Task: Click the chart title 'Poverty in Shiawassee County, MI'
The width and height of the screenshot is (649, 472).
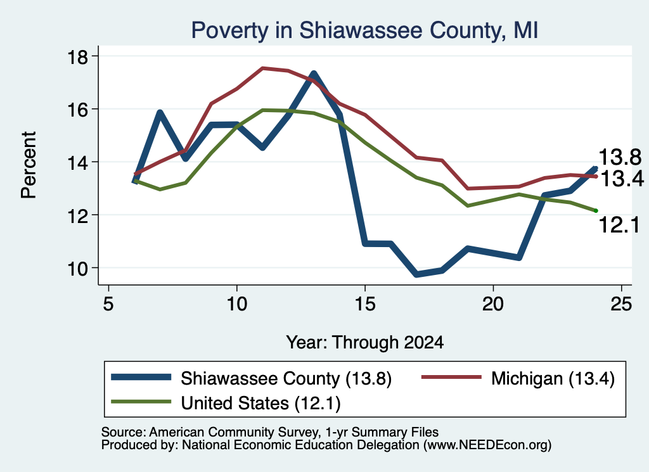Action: (364, 30)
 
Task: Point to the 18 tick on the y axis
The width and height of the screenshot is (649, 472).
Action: (77, 56)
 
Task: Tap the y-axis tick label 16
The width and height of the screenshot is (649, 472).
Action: (77, 109)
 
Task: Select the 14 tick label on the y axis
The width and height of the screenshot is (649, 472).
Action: (77, 162)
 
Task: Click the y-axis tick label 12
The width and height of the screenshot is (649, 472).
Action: (77, 215)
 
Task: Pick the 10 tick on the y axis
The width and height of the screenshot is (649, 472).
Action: (77, 268)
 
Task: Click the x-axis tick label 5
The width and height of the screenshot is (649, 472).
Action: (108, 304)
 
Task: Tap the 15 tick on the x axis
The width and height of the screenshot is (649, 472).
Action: (364, 304)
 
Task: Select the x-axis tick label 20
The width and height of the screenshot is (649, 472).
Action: (493, 304)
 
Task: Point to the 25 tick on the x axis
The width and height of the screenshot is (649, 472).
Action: (621, 304)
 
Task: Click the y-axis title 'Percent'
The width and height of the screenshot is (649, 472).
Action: (29, 165)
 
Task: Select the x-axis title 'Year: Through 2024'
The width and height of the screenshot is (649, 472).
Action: (364, 343)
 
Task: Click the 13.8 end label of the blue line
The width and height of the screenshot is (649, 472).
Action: (620, 158)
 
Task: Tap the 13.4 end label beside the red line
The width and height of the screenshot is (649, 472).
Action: (622, 179)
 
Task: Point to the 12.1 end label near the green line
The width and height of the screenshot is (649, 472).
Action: (619, 226)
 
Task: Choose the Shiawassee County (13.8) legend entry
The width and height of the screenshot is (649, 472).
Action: (252, 378)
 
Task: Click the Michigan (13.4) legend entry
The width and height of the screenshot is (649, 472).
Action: (518, 378)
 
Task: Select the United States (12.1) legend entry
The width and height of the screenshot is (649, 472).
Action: (226, 402)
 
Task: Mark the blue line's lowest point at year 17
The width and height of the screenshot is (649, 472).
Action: (416, 274)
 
